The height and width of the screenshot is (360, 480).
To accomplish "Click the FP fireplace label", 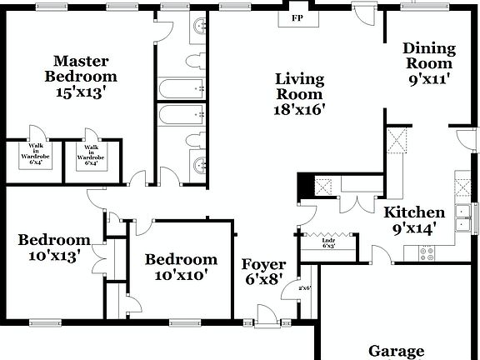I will [296, 17].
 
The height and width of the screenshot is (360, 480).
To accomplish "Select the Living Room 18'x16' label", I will [300, 93].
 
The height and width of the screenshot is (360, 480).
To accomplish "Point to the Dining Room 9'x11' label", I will [429, 63].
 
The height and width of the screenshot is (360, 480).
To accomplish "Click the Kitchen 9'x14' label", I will [414, 221].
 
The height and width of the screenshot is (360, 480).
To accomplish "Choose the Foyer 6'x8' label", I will [264, 272].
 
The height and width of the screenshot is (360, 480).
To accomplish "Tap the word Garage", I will [397, 351].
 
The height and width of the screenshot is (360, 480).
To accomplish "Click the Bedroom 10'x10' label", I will [181, 267].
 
